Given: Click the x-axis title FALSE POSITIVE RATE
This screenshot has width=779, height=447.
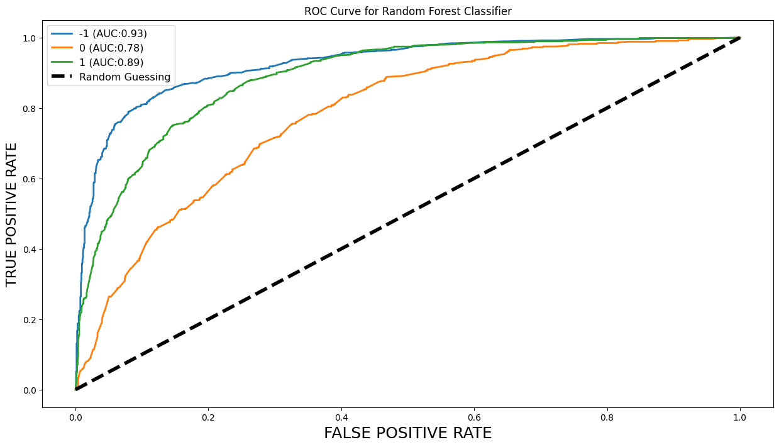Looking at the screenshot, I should [407, 433].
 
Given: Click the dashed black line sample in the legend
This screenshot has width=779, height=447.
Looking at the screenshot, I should [64, 77].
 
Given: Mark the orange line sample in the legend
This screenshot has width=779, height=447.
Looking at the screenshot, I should [64, 48].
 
